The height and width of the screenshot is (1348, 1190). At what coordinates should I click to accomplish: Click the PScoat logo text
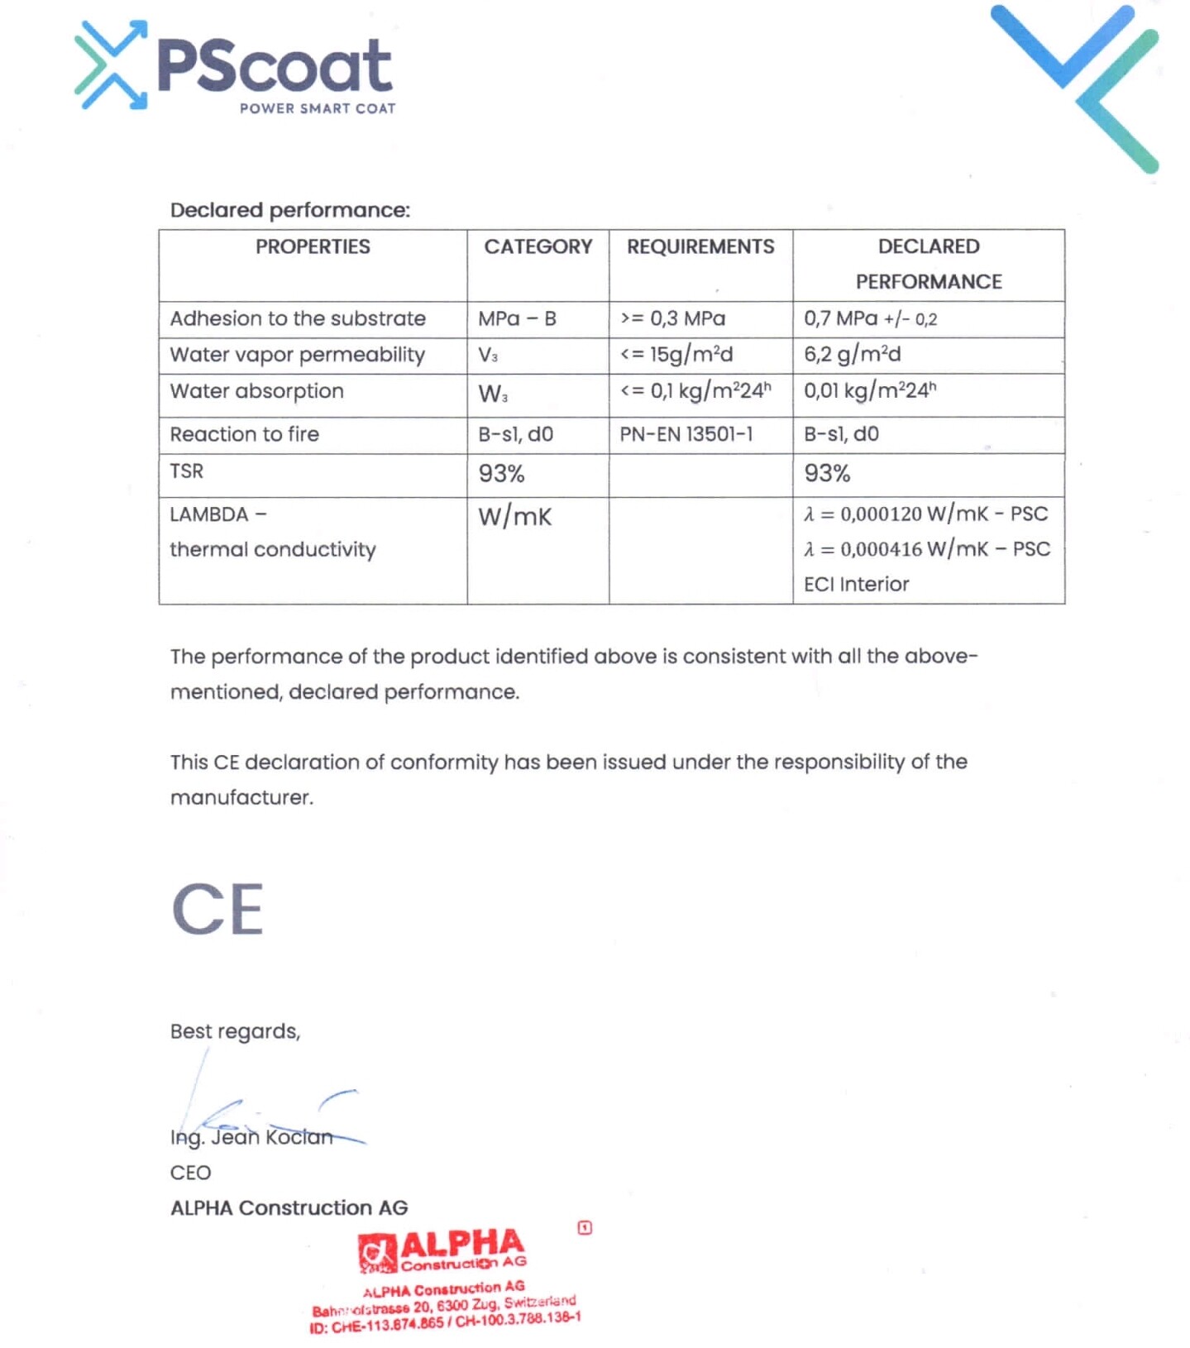tap(274, 65)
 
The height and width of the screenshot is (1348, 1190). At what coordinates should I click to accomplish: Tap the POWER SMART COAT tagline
tap(318, 108)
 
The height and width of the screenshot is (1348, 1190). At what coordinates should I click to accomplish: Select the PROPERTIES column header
tap(313, 246)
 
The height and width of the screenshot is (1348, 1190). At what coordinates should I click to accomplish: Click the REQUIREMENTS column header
tap(700, 246)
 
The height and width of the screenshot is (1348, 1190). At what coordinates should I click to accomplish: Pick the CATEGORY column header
tap(538, 246)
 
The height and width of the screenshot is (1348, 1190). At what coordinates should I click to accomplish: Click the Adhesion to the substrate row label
tap(298, 318)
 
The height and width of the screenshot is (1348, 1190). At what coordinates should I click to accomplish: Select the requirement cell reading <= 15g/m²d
tap(676, 355)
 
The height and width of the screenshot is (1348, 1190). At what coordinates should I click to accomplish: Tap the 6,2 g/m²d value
tap(853, 355)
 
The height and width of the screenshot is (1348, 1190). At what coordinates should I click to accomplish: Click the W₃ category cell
tap(493, 394)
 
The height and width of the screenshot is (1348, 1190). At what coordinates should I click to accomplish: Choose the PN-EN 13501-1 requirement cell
tap(686, 434)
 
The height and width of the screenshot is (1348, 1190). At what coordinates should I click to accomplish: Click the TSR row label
tap(187, 471)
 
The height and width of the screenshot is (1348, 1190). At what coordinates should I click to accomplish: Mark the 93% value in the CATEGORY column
tap(501, 474)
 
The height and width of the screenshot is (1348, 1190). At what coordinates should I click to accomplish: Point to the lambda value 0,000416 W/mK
tap(927, 549)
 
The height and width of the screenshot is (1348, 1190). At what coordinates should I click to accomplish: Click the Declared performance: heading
tap(290, 210)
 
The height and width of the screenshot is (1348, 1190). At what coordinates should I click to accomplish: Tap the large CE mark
tap(218, 909)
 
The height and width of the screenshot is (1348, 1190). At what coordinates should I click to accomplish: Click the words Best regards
tap(235, 1031)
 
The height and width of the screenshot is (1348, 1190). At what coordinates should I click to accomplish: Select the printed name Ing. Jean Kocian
tap(251, 1138)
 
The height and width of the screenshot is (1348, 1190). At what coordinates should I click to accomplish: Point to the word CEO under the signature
tap(190, 1173)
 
